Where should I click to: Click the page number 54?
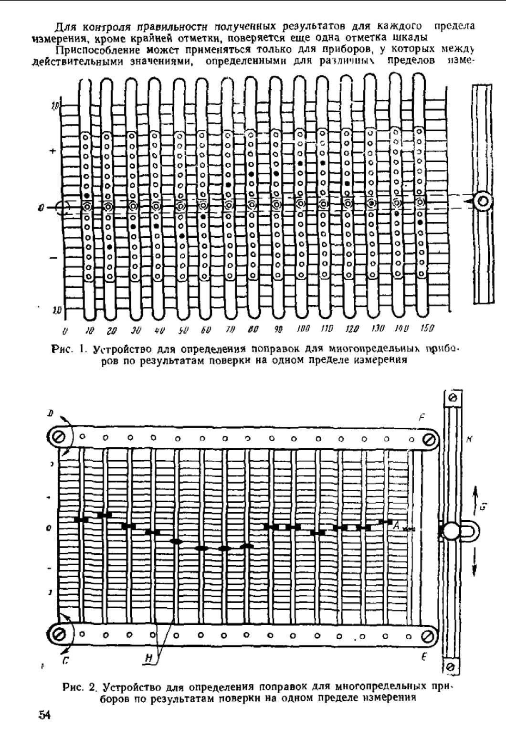[x=44, y=715]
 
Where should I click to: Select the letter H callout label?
[x=149, y=658]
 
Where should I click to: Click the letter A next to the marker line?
[x=396, y=526]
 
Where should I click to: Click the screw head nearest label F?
[x=429, y=440]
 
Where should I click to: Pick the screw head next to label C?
[x=60, y=635]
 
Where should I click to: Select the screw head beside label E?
[x=428, y=636]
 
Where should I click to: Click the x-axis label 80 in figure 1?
[x=253, y=329]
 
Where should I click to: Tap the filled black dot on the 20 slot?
[x=110, y=247]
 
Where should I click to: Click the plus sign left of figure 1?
[x=53, y=151]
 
